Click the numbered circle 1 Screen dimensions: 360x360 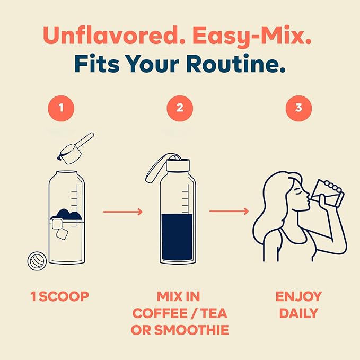(x=61, y=108)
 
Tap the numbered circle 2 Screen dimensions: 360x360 (x=180, y=108)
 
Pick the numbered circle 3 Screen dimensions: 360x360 (x=298, y=108)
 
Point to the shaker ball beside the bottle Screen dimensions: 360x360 (x=37, y=261)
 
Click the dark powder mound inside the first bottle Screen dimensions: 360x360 (x=66, y=215)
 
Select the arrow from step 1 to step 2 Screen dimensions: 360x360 (x=123, y=212)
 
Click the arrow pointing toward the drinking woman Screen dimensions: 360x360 (x=229, y=211)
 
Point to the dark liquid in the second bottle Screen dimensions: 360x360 (x=177, y=237)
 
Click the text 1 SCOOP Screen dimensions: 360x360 (x=59, y=296)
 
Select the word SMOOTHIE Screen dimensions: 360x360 (x=191, y=330)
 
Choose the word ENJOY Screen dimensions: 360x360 (x=298, y=296)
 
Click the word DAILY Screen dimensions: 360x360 (x=298, y=313)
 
